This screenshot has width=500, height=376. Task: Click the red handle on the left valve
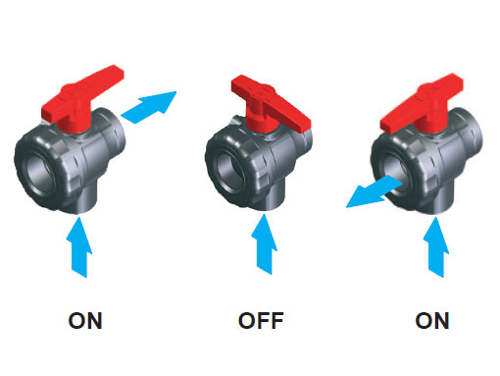[x=80, y=98]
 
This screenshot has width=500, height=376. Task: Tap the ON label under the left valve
[x=85, y=321]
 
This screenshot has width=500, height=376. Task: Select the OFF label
[x=261, y=321]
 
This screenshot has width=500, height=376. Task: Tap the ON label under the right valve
[x=432, y=321]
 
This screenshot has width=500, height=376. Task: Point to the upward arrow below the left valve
[x=79, y=247]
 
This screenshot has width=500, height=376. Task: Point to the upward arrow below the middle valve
[x=264, y=243]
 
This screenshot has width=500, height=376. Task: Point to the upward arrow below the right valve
[x=435, y=247]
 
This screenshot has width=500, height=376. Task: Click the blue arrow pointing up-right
[x=150, y=106]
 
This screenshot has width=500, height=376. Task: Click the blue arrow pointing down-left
[x=375, y=192]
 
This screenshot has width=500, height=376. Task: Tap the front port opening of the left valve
[x=39, y=174]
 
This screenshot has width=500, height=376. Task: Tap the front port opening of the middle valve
[x=230, y=172]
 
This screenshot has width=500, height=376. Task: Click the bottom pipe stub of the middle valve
[x=273, y=199]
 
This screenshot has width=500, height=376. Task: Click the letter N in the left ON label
[x=95, y=321]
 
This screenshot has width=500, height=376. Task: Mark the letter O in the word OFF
[x=247, y=321]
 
